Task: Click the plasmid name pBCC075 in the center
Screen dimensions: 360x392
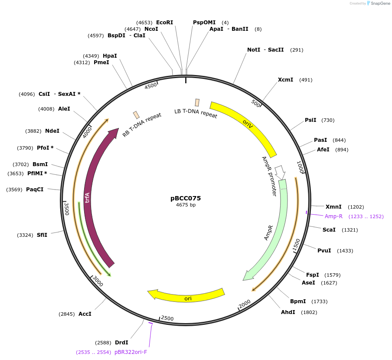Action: click(186, 198)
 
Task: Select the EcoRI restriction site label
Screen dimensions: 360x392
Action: click(164, 22)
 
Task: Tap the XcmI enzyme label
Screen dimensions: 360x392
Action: click(285, 80)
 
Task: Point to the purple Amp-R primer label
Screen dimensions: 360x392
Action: click(334, 216)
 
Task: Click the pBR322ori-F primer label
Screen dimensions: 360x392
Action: click(131, 352)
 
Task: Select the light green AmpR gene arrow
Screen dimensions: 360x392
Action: click(273, 230)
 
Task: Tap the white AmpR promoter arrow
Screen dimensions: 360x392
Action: click(280, 172)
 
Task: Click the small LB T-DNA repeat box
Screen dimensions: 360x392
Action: click(197, 102)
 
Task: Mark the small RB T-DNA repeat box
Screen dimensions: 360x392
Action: click(136, 115)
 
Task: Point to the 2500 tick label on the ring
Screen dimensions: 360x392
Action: click(167, 318)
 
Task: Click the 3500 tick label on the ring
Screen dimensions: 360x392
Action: click(66, 208)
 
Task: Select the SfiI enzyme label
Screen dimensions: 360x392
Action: click(42, 235)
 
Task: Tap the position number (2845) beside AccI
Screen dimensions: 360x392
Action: click(67, 314)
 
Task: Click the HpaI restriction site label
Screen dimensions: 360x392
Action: click(110, 56)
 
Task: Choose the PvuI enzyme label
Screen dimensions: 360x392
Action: click(324, 251)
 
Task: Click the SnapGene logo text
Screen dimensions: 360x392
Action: click(381, 3)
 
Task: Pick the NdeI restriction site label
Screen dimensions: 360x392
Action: click(52, 131)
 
